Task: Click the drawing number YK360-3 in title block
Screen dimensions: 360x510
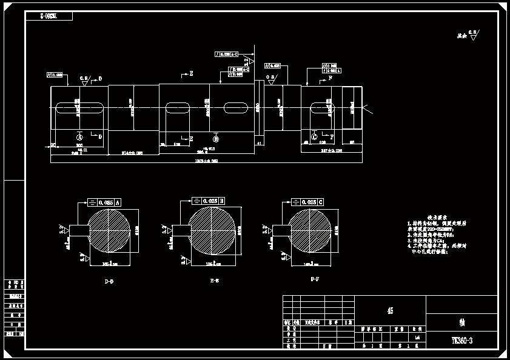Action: pyautogui.click(x=461, y=341)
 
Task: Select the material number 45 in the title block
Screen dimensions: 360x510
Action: pyautogui.click(x=390, y=311)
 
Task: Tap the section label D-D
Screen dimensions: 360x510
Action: pyautogui.click(x=109, y=282)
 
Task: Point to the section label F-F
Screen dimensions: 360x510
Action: pyautogui.click(x=315, y=281)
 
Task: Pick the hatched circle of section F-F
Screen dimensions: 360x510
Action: pyautogui.click(x=310, y=230)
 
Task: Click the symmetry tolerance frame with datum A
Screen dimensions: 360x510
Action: pyautogui.click(x=105, y=202)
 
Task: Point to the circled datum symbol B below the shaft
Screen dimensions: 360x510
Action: pyautogui.click(x=216, y=139)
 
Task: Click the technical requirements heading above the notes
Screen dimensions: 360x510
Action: pyautogui.click(x=437, y=217)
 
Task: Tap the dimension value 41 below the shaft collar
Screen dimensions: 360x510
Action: pyautogui.click(x=260, y=143)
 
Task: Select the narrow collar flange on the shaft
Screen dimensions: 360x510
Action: pyautogui.click(x=260, y=109)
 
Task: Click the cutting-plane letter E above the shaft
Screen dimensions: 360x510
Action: pyautogui.click(x=192, y=73)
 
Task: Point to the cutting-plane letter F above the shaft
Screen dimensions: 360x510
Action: pyautogui.click(x=330, y=78)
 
